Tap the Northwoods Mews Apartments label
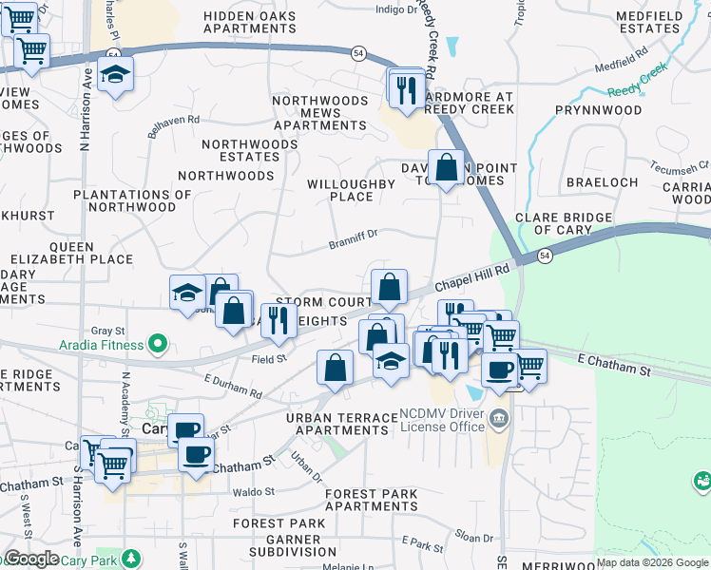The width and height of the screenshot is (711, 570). tap(320, 113)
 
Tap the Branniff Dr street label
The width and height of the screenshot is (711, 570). tap(354, 237)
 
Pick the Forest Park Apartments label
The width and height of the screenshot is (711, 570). tap(371, 500)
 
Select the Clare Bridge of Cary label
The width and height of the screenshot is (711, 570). tap(564, 223)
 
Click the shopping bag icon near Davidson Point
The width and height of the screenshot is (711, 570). tap(446, 167)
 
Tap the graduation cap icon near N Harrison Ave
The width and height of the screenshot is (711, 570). tap(115, 75)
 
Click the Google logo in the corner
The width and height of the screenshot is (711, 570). tap(30, 559)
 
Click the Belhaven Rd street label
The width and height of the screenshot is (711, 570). tap(173, 125)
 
